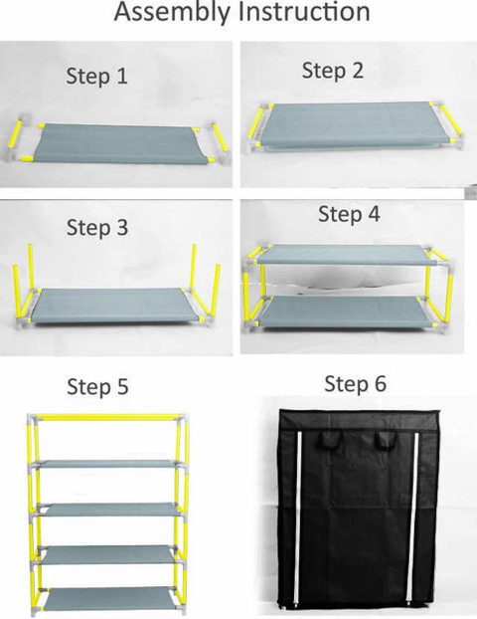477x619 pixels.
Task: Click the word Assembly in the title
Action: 172,13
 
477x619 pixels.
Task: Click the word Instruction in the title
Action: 304,12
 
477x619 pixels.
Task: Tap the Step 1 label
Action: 97,76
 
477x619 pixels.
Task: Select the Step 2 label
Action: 332,71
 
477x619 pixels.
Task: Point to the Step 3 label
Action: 97,228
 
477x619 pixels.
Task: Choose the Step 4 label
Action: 349,214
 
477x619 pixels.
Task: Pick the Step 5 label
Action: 97,386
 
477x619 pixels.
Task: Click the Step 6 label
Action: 355,384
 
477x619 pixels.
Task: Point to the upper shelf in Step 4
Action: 346,254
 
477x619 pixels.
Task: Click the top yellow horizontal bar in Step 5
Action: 106,417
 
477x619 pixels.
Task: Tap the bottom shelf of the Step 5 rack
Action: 107,599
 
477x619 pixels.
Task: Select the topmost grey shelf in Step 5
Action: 107,464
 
